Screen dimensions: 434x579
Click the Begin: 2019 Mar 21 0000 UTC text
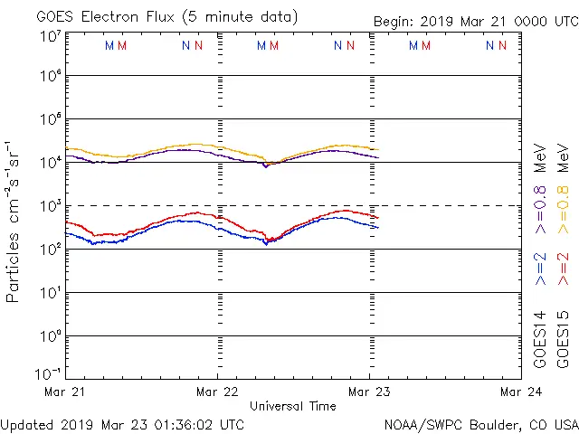click(474, 21)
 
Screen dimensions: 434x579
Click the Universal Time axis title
click(293, 406)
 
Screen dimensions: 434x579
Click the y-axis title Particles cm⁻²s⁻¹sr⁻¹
click(13, 221)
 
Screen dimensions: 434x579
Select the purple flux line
click(181, 150)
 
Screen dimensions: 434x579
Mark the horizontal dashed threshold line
click(452, 206)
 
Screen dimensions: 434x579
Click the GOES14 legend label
click(540, 339)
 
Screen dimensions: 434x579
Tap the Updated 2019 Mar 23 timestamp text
click(123, 424)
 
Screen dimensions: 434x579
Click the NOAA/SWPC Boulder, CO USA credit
click(480, 424)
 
